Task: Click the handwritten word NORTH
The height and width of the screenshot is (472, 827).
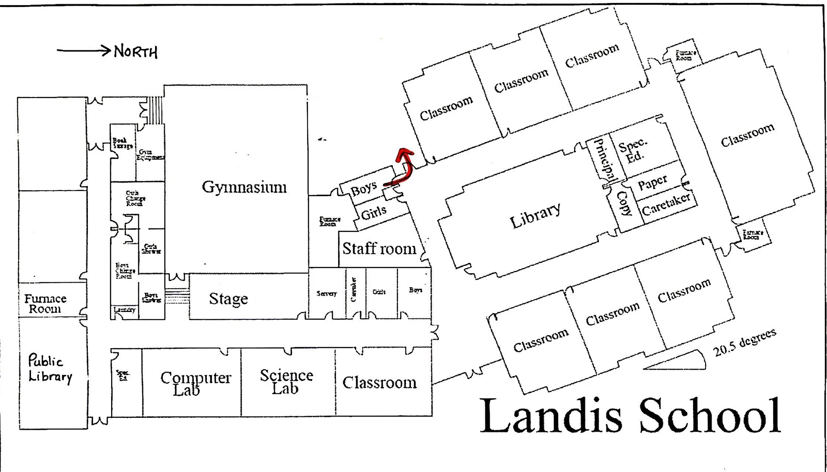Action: coord(136,52)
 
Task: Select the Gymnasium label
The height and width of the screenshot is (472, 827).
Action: coord(244,187)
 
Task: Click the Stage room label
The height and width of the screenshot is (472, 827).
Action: coord(228,299)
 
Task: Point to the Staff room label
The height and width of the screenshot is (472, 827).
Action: coord(379,249)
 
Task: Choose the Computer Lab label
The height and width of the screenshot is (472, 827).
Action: coord(195,383)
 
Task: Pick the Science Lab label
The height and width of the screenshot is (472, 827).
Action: coord(286,381)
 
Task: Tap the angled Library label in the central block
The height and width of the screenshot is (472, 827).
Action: coord(535,215)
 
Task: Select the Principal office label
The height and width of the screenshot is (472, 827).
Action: coord(604,159)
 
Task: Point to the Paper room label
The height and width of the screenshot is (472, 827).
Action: coord(652,182)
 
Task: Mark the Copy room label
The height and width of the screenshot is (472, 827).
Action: coord(624,203)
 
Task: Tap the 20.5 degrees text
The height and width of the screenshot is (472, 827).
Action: coord(745,342)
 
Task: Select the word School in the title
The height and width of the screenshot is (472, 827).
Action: coord(710,416)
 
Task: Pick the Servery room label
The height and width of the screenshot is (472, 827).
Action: coord(326,293)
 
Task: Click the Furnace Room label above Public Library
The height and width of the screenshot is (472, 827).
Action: coord(45,304)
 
